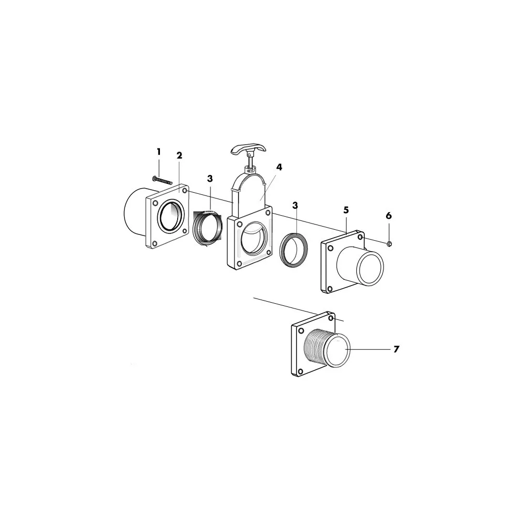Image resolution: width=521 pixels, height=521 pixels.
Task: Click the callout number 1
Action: point(159,152)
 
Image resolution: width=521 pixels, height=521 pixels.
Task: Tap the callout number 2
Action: point(179,155)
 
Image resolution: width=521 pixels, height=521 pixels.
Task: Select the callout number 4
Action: point(279,167)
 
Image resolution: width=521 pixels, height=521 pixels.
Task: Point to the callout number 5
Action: point(346,210)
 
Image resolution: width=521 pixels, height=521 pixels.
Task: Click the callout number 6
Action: point(389,216)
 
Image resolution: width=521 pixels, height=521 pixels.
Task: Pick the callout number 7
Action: point(396,349)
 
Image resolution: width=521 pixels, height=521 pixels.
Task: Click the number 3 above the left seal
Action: point(210,179)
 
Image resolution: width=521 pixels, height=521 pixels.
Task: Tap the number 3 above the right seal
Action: point(295,206)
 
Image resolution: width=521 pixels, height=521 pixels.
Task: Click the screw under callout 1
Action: point(162,180)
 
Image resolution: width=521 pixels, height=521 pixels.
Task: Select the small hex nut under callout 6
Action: point(389,244)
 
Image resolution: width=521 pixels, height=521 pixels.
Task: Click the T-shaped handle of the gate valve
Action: point(249,150)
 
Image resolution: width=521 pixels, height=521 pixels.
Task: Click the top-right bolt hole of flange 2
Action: point(184,191)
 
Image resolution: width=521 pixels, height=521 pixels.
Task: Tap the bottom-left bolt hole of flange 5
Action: point(330,289)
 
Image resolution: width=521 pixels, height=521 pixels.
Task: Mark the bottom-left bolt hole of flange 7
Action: point(301,371)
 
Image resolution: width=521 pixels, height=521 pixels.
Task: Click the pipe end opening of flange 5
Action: point(370,268)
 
